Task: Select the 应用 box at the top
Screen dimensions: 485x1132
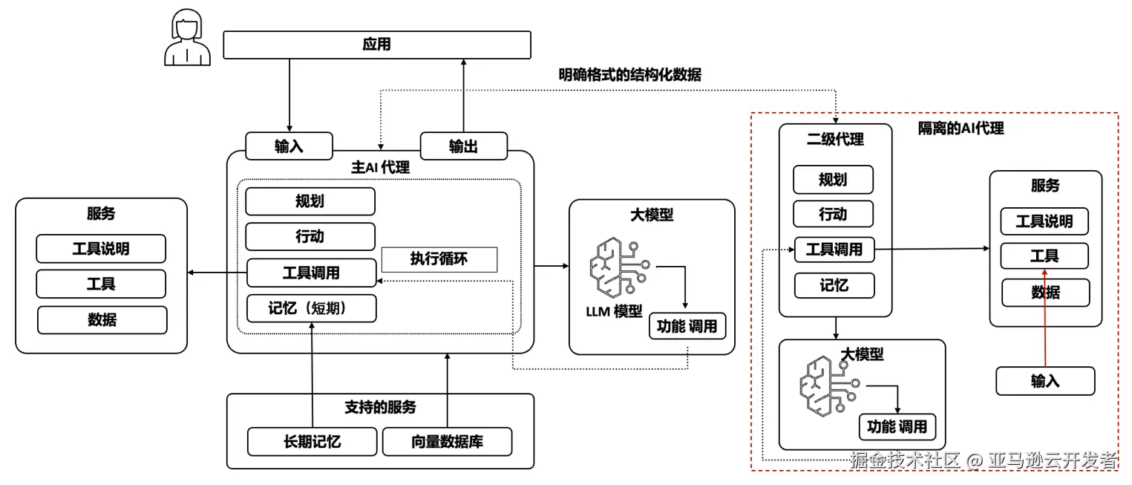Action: pos(377,45)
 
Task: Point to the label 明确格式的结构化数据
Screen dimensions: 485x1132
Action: pos(629,75)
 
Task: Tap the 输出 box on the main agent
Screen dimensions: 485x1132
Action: pos(464,146)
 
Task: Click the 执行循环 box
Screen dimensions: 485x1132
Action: pos(439,259)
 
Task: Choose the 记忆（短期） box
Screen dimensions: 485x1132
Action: pos(311,308)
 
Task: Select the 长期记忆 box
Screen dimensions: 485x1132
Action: pos(312,442)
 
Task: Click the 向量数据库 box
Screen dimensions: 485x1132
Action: pos(447,442)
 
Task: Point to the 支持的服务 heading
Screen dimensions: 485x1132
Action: pos(380,407)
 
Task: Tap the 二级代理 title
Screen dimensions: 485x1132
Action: pos(835,139)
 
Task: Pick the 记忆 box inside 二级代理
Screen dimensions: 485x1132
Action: pos(833,285)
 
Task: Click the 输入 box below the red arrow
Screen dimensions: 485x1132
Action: pos(1044,381)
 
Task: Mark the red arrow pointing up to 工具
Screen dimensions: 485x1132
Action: pos(1044,319)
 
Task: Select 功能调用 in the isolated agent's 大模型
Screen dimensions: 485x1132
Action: pos(897,427)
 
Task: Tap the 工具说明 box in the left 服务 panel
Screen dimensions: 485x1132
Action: pos(101,249)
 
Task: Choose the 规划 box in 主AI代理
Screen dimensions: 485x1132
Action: pos(310,202)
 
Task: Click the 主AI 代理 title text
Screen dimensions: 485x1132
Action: pos(380,167)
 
